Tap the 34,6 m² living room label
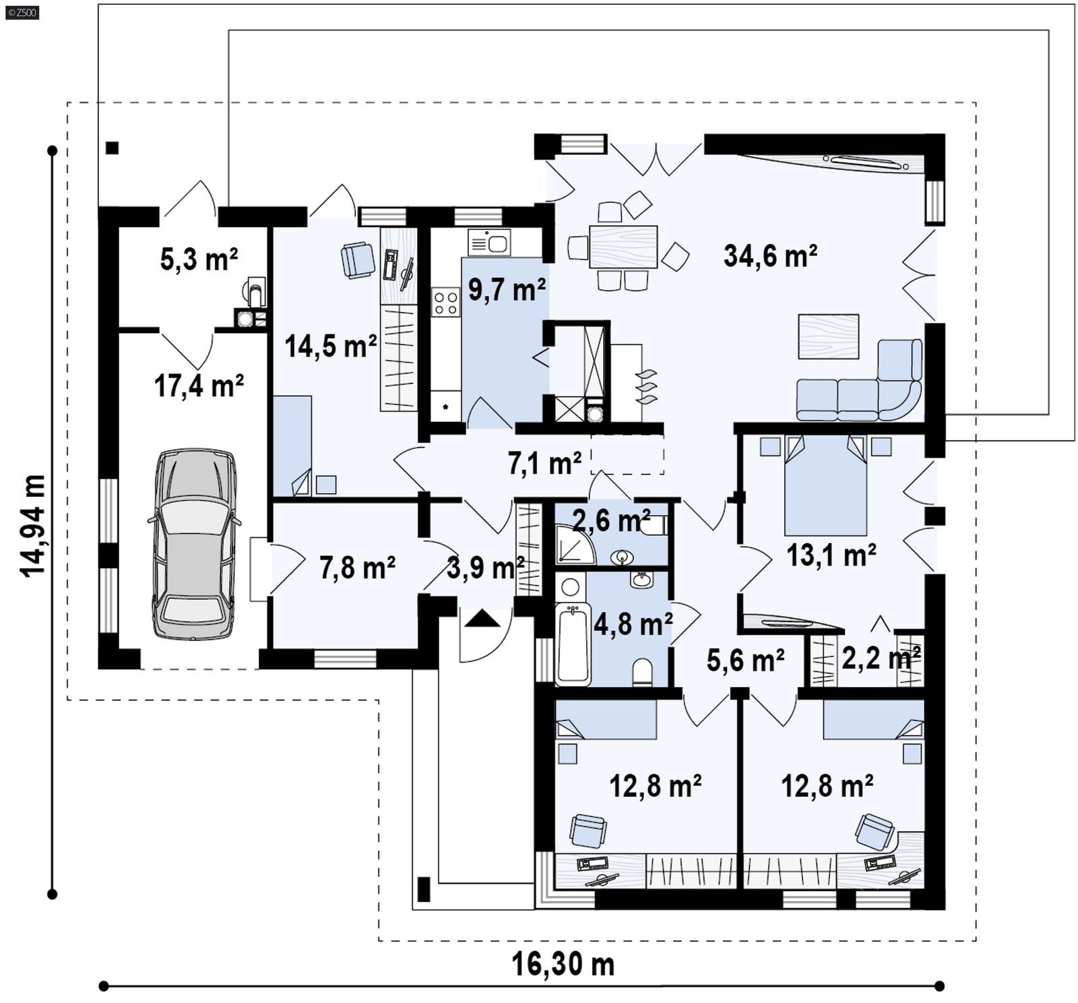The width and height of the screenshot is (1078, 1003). [x=770, y=256]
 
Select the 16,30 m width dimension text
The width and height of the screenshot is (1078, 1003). [x=563, y=964]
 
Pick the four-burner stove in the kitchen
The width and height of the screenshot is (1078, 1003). [x=445, y=302]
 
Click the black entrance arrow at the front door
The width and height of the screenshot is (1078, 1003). [x=483, y=618]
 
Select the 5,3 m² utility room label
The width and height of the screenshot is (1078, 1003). [x=199, y=259]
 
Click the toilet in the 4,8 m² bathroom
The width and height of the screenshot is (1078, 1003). [x=642, y=671]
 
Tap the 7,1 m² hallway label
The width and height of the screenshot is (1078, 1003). [x=544, y=463]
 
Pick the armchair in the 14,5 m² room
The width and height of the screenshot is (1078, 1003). [x=358, y=260]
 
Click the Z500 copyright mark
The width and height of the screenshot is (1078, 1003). [x=22, y=11]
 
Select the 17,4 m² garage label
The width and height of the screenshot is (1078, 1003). [x=199, y=386]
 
